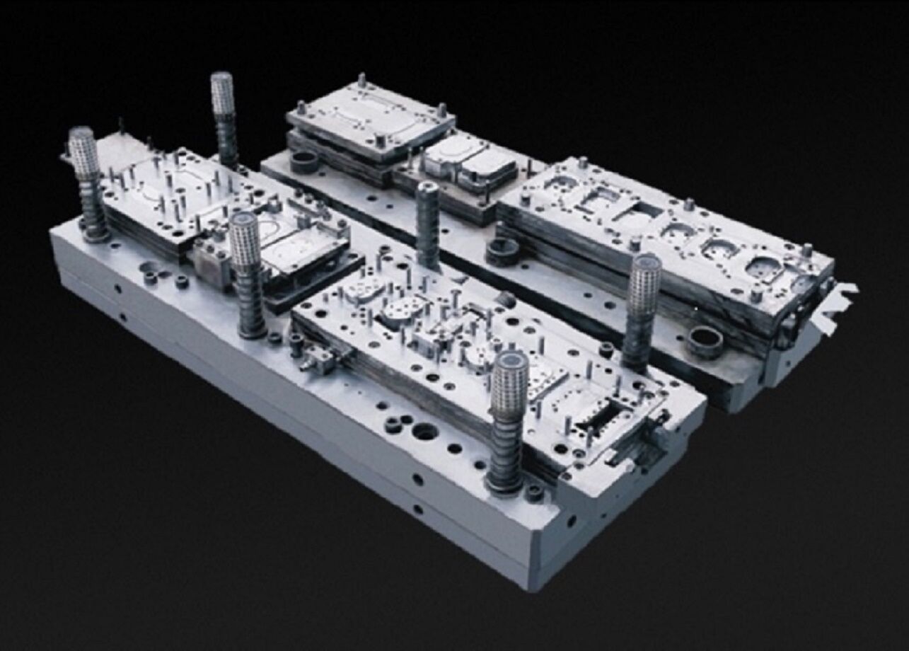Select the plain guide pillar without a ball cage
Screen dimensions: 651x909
click(x=427, y=223)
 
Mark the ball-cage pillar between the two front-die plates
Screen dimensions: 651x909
click(x=245, y=244)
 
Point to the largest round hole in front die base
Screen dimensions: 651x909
click(x=425, y=431)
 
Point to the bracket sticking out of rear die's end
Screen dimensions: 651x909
click(x=838, y=301)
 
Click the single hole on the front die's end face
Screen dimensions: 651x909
click(x=570, y=520)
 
